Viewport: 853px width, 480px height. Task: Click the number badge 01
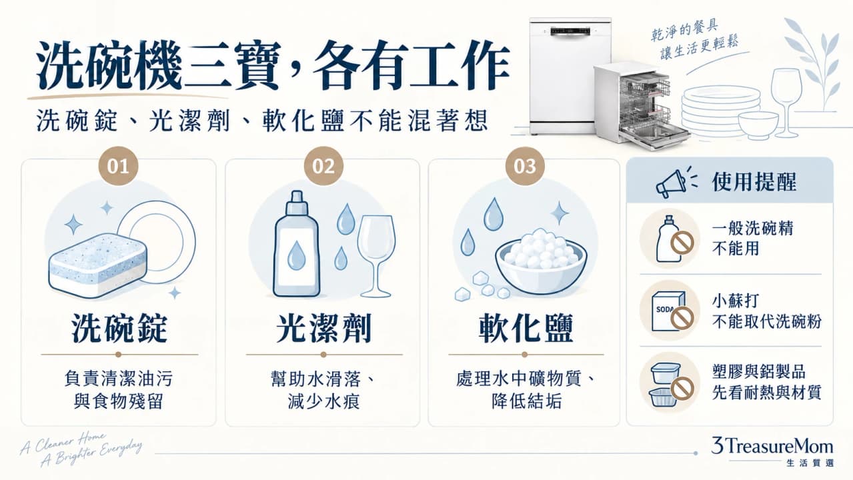point(118,167)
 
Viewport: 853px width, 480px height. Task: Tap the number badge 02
point(323,167)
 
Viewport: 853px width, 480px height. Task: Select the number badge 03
point(525,167)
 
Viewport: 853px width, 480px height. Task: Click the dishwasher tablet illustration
point(98,265)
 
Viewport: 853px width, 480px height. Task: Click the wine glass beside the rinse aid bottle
point(376,256)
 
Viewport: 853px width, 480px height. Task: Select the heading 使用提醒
point(754,182)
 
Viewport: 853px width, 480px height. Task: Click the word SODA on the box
point(664,309)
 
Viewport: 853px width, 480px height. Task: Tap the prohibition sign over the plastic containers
point(682,388)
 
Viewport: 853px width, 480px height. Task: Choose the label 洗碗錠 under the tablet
point(119,329)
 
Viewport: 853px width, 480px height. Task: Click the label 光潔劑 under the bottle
point(323,329)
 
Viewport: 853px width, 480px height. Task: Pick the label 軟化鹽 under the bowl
point(526,329)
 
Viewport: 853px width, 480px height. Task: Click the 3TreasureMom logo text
point(772,446)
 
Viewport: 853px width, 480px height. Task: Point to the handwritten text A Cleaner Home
point(63,443)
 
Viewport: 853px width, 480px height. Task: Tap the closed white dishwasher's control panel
point(570,31)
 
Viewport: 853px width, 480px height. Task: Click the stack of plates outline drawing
point(720,111)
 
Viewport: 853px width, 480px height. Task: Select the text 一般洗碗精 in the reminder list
point(752,229)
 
